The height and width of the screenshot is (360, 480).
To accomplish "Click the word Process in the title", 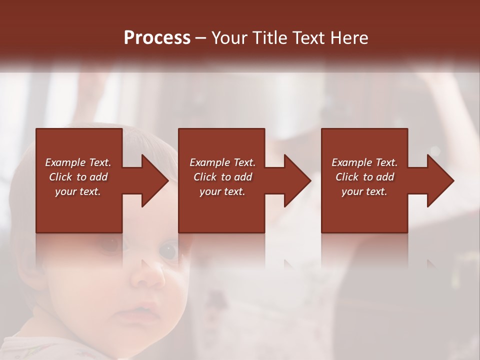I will [157, 38].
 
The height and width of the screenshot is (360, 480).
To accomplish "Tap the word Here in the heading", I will [348, 38].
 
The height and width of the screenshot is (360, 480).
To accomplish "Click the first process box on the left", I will [79, 210].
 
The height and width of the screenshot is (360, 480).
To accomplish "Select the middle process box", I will [221, 210].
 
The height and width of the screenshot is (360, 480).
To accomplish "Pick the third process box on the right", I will [364, 210].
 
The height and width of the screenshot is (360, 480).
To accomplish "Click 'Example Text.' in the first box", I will [78, 162].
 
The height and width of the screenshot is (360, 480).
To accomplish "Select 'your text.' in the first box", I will [78, 191].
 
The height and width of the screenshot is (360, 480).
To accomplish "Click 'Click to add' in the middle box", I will [222, 177].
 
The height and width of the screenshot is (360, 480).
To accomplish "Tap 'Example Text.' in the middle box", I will [222, 162].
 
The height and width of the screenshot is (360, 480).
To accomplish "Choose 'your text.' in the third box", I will [364, 191].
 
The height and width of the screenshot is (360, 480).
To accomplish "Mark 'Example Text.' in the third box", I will [364, 162].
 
